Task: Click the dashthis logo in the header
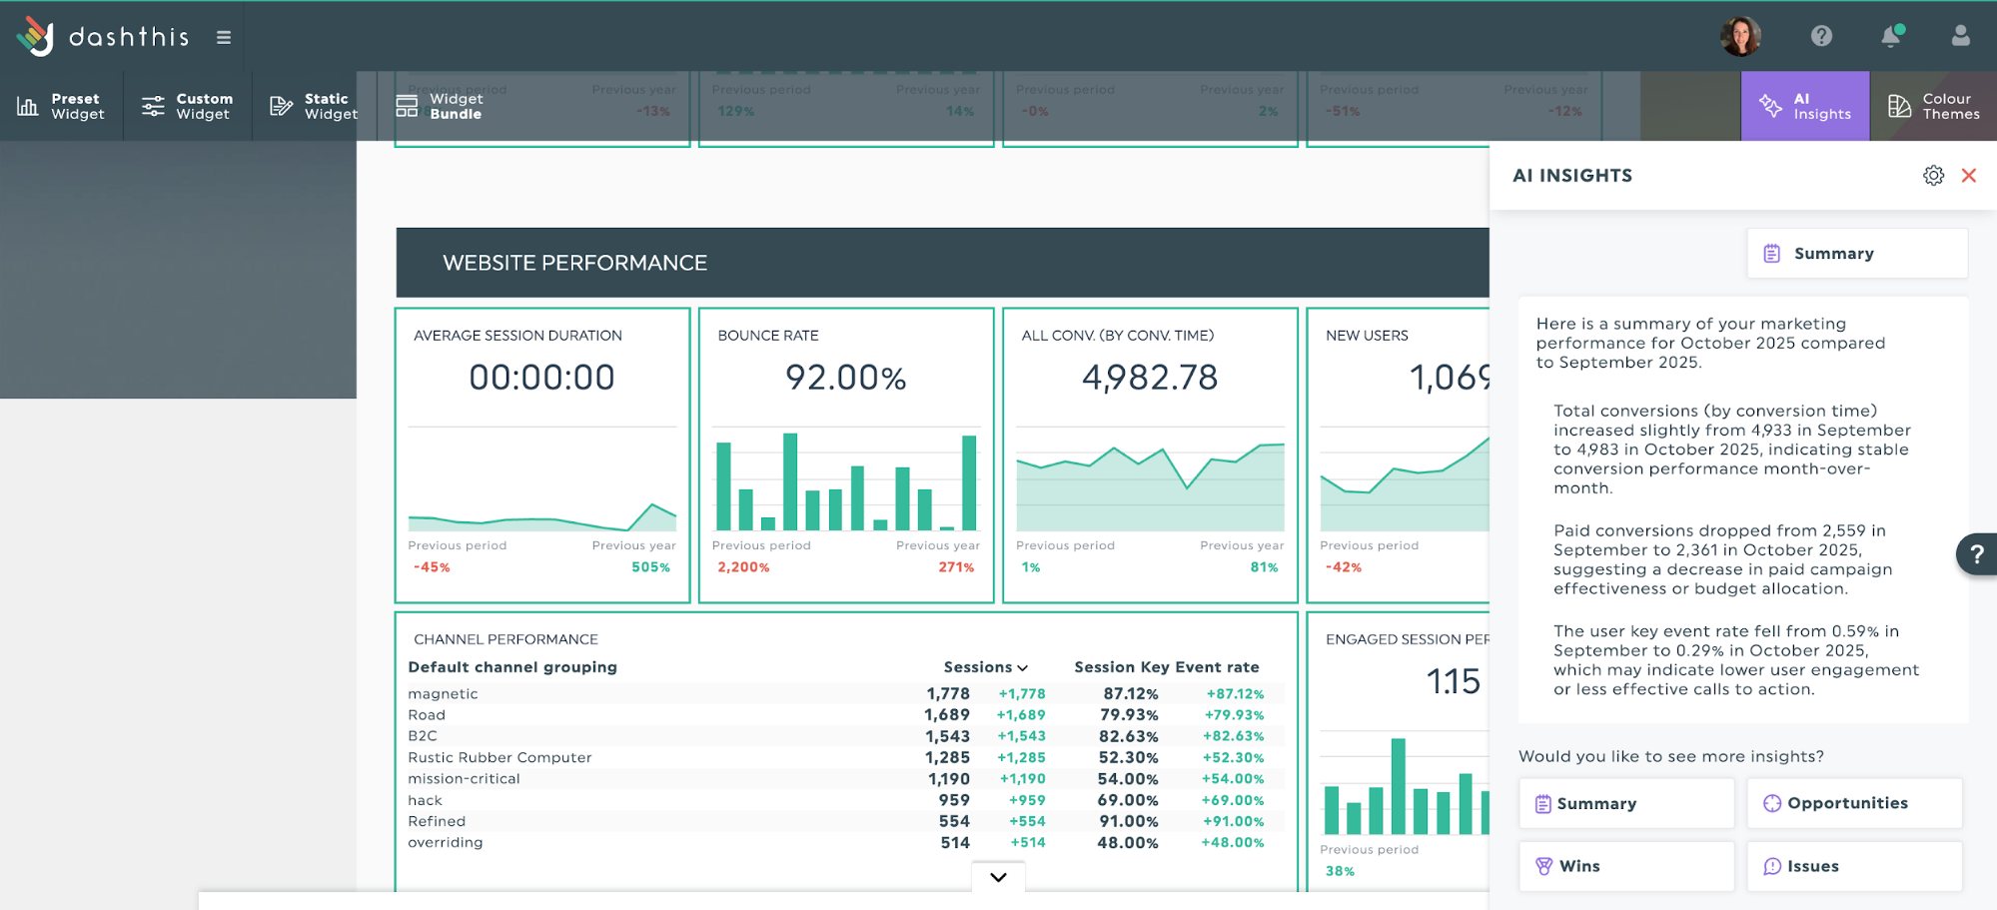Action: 102,37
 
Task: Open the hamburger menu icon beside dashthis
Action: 224,38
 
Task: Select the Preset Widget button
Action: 61,106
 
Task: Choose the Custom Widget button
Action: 188,106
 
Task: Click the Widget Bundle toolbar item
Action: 440,106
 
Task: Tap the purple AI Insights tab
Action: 1805,106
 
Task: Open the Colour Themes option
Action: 1933,106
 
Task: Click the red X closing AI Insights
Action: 1968,176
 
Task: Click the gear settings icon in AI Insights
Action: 1933,176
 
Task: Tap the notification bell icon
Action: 1890,37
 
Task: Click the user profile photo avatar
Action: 1740,37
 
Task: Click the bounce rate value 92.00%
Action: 845,378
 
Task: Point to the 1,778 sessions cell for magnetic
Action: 947,693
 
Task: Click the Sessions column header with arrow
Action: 985,667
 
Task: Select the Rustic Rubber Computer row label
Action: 499,757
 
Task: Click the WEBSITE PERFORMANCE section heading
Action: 574,263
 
